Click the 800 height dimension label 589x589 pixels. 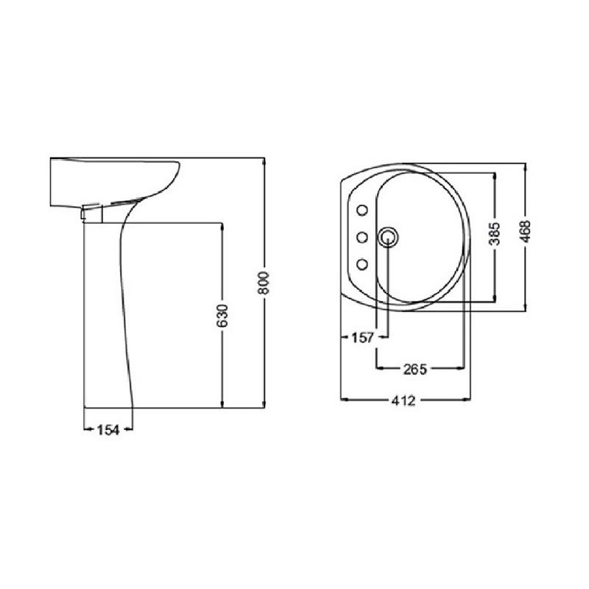pyautogui.click(x=264, y=283)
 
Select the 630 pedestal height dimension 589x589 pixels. pyautogui.click(x=222, y=316)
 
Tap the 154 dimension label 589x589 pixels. pyautogui.click(x=108, y=430)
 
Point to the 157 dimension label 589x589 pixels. pyautogui.click(x=362, y=338)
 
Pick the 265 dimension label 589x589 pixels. pyautogui.click(x=415, y=370)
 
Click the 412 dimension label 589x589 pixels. pyautogui.click(x=403, y=401)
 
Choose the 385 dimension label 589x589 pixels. pyautogui.click(x=495, y=233)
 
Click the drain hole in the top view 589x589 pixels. pyautogui.click(x=388, y=237)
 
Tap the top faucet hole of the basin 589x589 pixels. pyautogui.click(x=362, y=211)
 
